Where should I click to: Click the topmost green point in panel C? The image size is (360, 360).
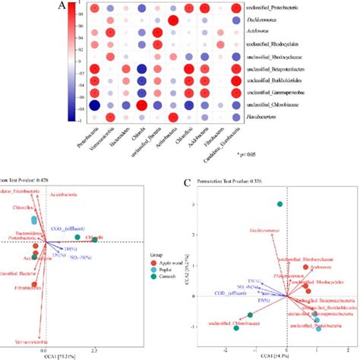pyautogui.click(x=281, y=204)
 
